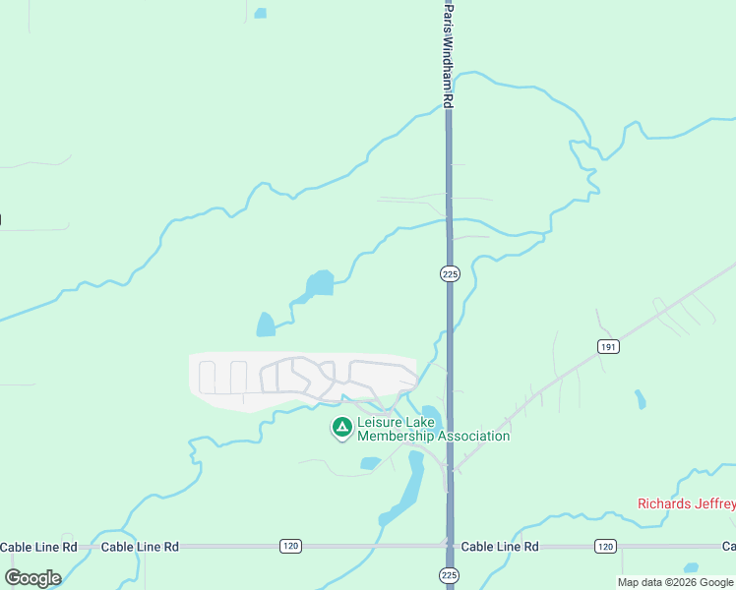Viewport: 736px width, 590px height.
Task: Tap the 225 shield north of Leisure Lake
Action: click(x=450, y=274)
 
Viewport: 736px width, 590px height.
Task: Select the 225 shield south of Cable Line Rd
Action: click(x=450, y=575)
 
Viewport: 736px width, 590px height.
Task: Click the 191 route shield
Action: click(x=607, y=346)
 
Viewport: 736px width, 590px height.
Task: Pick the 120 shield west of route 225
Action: click(x=289, y=546)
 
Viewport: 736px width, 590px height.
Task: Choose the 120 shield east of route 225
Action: click(x=605, y=546)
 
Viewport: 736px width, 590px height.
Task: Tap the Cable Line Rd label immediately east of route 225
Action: click(x=500, y=547)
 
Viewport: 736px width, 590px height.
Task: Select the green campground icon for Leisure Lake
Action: click(x=341, y=427)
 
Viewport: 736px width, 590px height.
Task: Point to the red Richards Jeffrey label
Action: click(x=686, y=503)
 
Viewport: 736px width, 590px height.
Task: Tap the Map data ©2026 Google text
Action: click(x=676, y=582)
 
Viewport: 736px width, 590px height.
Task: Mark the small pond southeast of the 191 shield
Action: click(x=641, y=399)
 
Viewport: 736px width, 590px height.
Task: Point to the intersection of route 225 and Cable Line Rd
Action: click(x=450, y=546)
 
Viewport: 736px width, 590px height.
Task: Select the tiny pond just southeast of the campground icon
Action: click(x=370, y=463)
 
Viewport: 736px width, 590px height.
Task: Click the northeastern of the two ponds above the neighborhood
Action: click(x=320, y=283)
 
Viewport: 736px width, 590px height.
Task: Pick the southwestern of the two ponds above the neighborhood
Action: click(x=266, y=324)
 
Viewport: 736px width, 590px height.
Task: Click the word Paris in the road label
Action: click(x=449, y=14)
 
